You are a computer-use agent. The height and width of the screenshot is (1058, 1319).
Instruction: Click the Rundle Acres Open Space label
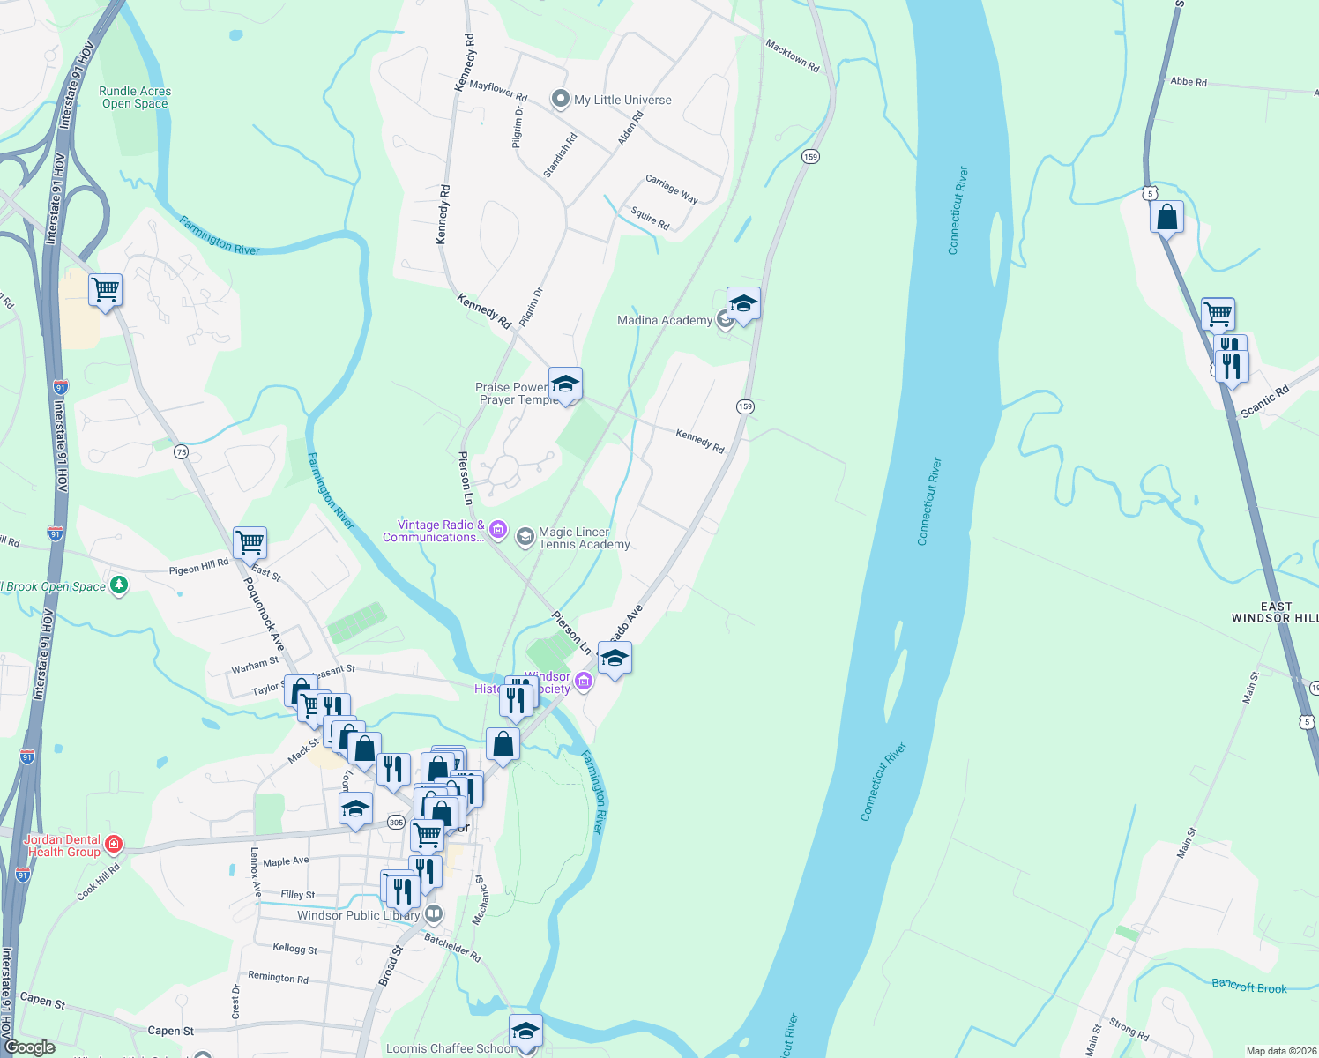pos(135,97)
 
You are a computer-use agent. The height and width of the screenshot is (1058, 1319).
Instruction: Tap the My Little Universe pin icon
pos(560,100)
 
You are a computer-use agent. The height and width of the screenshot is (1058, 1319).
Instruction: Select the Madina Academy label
pos(665,320)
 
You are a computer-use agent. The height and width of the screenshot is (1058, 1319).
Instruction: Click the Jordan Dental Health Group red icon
pos(114,846)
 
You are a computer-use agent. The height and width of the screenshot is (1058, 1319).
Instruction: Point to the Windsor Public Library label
pos(358,915)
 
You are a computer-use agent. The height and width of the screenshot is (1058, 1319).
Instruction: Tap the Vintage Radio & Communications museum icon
pos(498,530)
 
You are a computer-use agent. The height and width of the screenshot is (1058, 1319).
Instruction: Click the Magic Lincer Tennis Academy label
pos(584,538)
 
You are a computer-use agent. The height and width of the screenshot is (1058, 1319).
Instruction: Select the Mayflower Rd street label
pos(498,90)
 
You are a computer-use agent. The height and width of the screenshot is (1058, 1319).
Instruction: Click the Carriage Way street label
pos(672,189)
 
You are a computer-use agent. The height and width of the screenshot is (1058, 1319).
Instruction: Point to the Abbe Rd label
pos(1189,82)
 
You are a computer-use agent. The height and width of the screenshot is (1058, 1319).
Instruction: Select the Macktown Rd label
pos(792,56)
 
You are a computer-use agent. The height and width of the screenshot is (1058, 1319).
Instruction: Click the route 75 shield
pos(181,452)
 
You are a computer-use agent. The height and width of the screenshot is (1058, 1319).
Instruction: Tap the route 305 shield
pos(396,823)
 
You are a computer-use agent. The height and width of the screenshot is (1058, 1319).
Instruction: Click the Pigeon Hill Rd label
pos(198,567)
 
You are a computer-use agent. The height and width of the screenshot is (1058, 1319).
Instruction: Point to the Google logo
pos(30,1047)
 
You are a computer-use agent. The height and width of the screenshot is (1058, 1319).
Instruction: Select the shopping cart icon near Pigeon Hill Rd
pos(250,542)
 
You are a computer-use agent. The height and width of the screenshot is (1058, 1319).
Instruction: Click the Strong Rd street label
pos(1129,1028)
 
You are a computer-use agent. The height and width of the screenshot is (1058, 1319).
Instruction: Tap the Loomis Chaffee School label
pos(450,1048)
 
